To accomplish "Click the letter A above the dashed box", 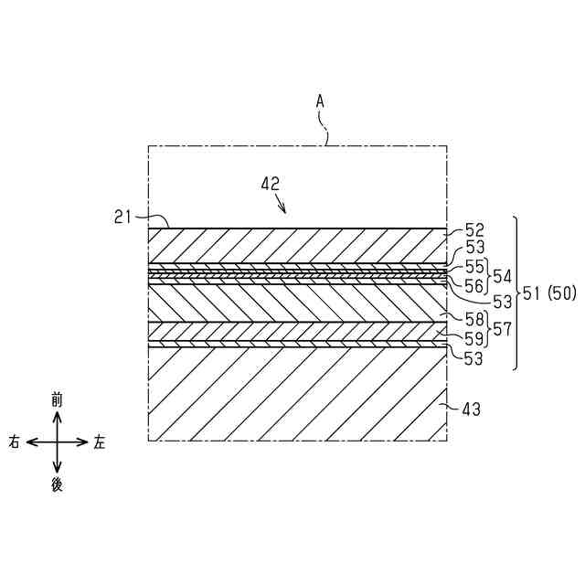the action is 320,101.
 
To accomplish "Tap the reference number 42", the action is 271,183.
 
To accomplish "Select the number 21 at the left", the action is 123,217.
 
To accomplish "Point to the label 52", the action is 474,230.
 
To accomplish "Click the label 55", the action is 474,267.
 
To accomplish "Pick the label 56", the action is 474,285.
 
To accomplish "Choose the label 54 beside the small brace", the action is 503,276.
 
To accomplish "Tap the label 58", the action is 474,319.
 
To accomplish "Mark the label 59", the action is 474,339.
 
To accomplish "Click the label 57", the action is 503,329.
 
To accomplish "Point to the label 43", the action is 472,410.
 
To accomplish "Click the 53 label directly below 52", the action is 474,248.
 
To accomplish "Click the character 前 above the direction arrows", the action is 57,399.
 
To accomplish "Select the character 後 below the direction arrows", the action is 57,484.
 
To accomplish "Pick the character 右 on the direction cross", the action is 15,442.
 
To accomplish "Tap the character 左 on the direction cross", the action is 99,442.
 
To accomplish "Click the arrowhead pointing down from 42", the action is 284,209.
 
